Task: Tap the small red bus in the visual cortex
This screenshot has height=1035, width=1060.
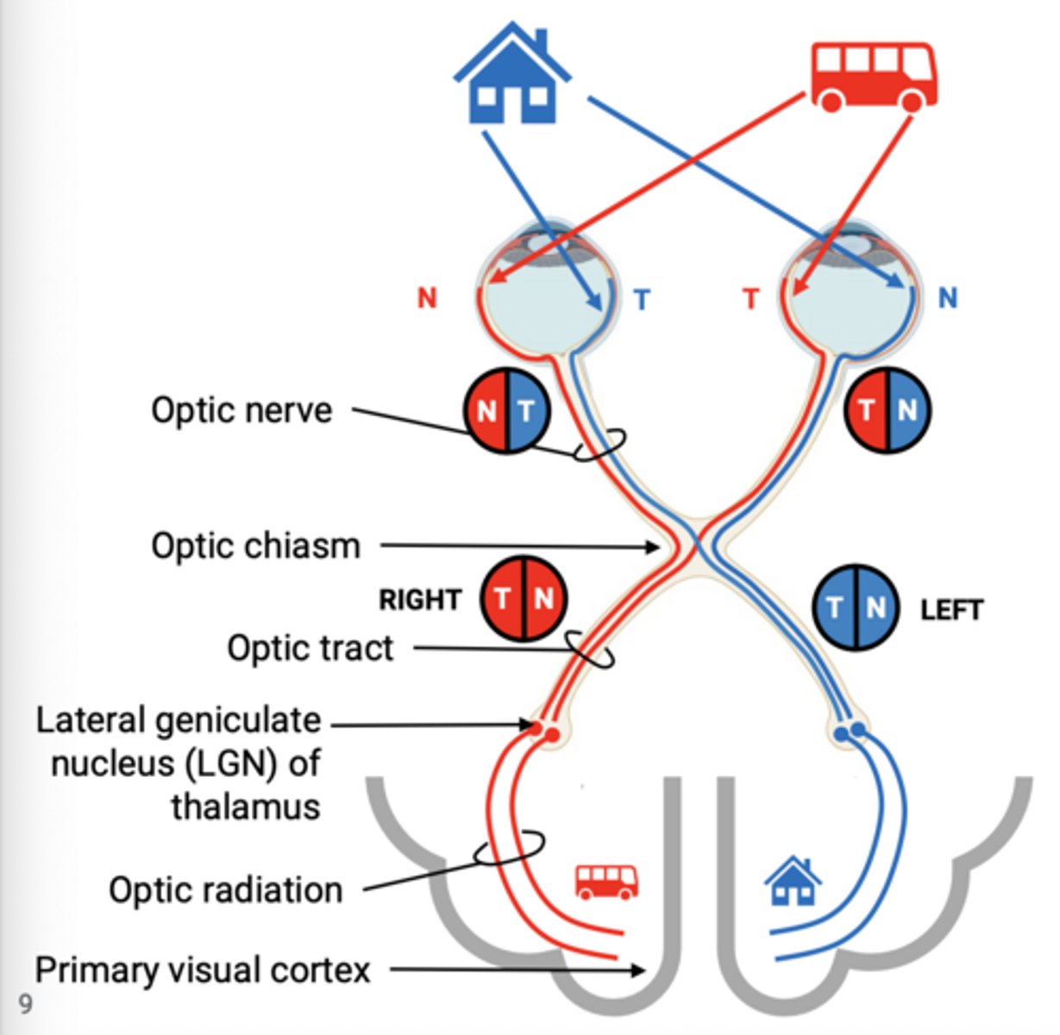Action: (607, 881)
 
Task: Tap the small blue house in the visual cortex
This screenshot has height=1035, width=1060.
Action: (793, 881)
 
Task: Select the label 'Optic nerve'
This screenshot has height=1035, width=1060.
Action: (241, 410)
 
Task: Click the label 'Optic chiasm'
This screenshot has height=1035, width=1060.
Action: (255, 546)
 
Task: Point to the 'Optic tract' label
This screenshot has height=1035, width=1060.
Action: (310, 648)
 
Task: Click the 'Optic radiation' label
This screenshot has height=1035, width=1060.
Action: (226, 889)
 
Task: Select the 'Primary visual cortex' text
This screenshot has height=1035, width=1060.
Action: (203, 969)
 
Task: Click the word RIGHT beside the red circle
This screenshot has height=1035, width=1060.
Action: (420, 599)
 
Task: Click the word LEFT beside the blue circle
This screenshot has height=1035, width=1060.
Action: (951, 611)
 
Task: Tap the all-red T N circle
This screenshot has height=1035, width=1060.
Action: (524, 599)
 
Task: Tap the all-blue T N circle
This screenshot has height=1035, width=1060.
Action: (856, 607)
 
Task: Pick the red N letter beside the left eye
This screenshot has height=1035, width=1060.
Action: (427, 298)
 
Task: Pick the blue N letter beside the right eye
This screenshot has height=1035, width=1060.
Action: (948, 298)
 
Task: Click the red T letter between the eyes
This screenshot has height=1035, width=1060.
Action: (751, 299)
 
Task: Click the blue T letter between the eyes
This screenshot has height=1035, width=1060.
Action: (642, 300)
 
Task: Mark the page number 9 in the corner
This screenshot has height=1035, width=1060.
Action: (25, 1003)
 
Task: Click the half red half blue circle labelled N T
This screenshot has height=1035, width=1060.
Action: (508, 410)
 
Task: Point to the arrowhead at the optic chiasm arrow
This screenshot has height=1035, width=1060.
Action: (655, 546)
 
